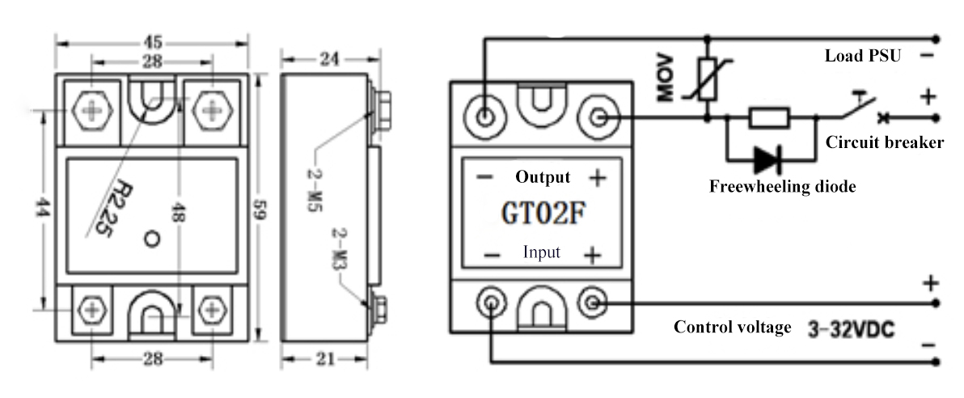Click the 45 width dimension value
tap(153, 42)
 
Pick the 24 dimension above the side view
tap(329, 59)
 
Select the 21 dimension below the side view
tap(324, 358)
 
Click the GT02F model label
tap(542, 214)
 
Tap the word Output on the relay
tap(543, 177)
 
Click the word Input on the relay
tap(542, 252)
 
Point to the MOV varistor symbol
tap(707, 79)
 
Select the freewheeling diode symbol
tap(767, 160)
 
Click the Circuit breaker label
tap(884, 142)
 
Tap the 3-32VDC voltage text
tap(852, 330)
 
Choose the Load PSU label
tap(863, 56)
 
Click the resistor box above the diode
tap(768, 117)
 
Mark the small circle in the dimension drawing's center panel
tap(152, 239)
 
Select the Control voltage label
tap(732, 328)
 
